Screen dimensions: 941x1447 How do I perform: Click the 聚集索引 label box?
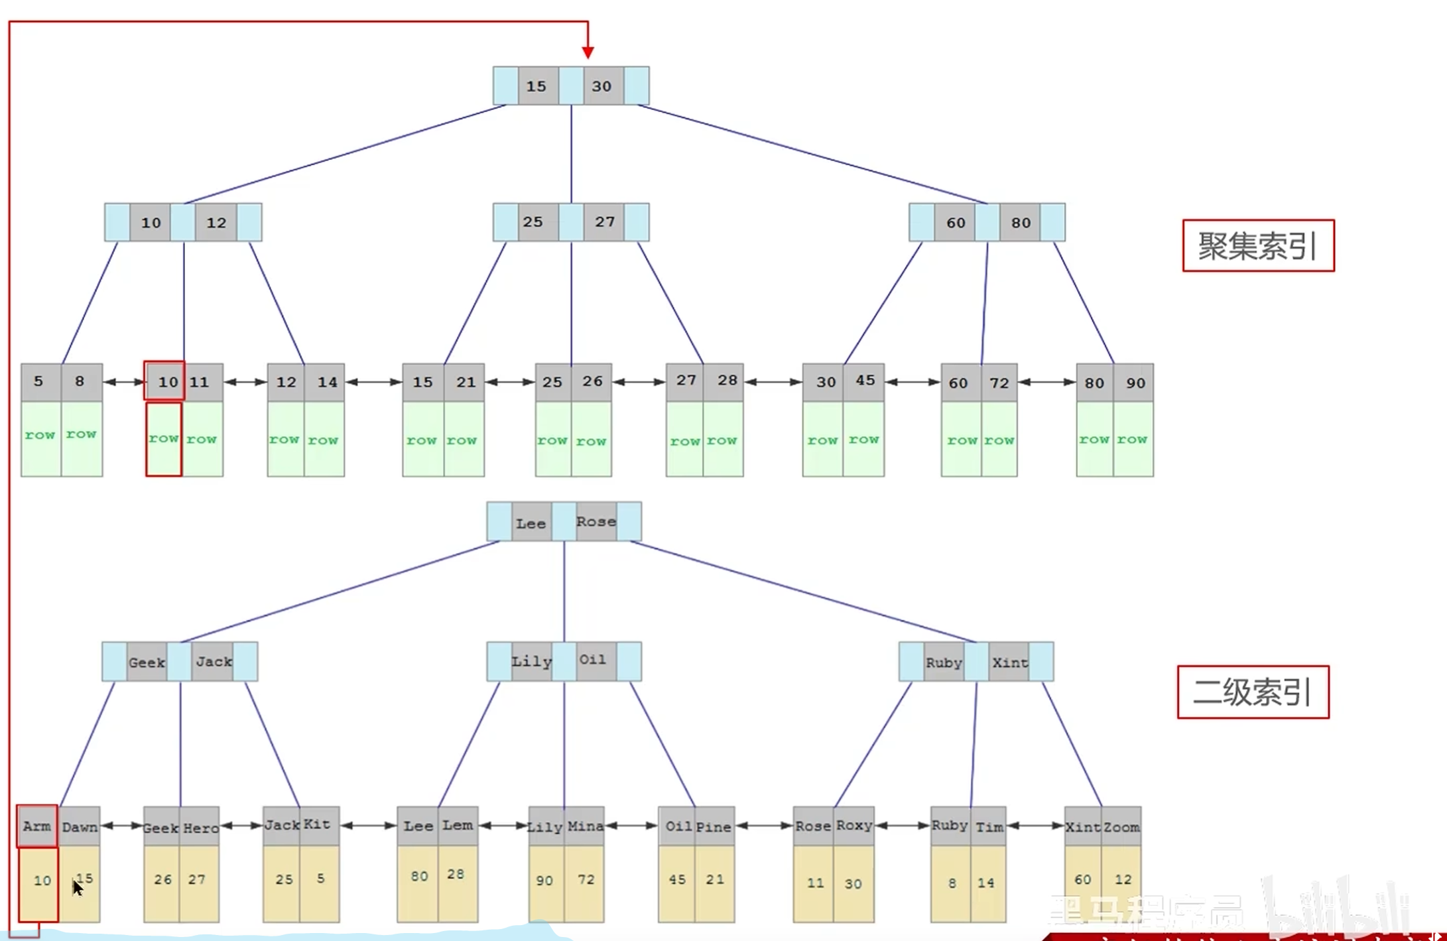coord(1258,246)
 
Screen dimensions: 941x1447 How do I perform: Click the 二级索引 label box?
coord(1253,692)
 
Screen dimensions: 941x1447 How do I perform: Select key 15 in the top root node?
coord(536,86)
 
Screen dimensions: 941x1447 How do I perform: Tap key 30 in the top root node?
coord(602,86)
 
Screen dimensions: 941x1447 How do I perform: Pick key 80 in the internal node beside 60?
coord(1021,223)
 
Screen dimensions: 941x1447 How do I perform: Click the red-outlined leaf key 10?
coord(165,382)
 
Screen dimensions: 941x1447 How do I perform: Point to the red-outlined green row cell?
coord(164,439)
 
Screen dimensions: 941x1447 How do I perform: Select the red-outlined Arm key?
coord(37,826)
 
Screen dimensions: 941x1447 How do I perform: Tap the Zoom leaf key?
coord(1121,827)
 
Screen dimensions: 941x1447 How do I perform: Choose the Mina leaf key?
coord(584,826)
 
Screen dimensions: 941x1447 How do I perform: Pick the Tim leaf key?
coord(989,827)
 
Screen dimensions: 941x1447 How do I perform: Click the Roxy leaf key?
coord(853,826)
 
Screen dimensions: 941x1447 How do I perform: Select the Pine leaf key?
coord(714,827)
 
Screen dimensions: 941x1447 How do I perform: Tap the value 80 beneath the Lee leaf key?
coord(419,877)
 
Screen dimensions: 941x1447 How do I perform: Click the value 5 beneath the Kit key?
coord(320,879)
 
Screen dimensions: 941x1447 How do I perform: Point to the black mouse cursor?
coord(77,887)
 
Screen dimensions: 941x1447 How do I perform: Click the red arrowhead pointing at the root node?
coord(588,52)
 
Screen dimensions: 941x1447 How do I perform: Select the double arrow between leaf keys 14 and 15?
coord(374,382)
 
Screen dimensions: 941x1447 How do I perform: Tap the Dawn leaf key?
coord(80,827)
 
